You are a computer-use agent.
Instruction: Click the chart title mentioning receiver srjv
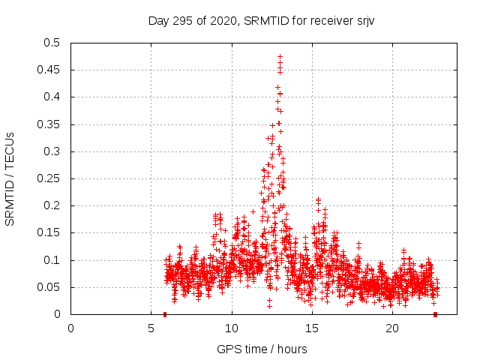(x=261, y=20)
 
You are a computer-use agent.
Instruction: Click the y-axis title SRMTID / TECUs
(x=10, y=178)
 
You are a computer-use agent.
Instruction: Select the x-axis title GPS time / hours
(x=261, y=349)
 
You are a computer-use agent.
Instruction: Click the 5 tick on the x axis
(x=151, y=328)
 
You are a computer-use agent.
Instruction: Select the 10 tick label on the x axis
(x=232, y=328)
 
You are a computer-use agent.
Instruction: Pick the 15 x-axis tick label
(x=312, y=328)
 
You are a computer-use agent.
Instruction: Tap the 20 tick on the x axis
(x=392, y=328)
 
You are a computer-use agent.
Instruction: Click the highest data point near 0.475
(x=280, y=57)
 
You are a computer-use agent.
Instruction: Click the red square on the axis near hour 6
(x=165, y=314)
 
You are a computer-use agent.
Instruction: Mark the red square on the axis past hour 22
(x=435, y=314)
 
